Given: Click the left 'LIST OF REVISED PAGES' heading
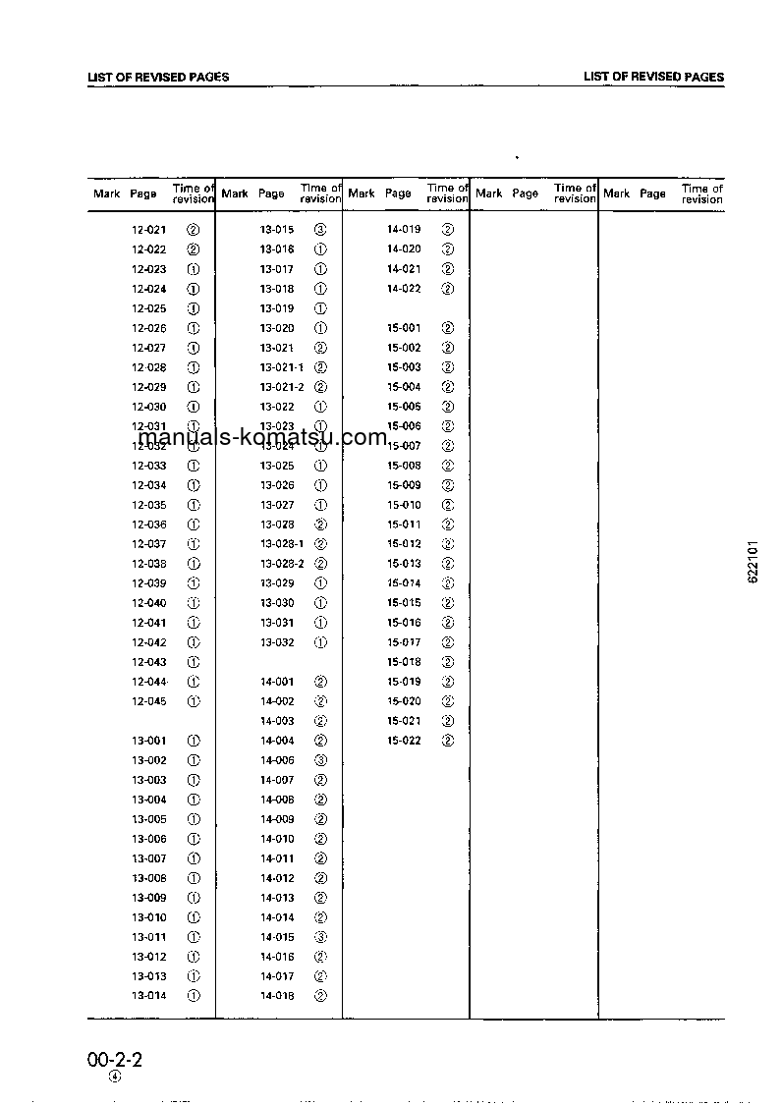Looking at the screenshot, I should (158, 77).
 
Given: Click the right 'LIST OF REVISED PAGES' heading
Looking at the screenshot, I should (653, 77).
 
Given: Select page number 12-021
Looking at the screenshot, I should (149, 230).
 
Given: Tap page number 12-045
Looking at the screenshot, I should (149, 701).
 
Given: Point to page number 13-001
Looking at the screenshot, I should (149, 741).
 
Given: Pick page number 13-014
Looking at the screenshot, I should (149, 996).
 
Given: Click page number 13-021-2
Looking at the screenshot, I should (282, 387).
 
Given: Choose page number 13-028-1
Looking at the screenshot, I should (282, 544).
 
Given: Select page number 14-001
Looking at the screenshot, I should (277, 682).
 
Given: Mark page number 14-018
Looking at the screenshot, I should (277, 996).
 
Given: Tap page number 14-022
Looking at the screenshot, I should (404, 289).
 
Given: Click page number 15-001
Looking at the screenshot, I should (404, 328).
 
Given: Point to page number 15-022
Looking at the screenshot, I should (404, 741).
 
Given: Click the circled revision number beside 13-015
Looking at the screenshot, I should (320, 230).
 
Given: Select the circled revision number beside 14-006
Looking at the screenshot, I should (320, 760).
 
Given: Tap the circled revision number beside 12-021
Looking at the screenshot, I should (194, 230).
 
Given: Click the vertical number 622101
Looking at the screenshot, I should (753, 562).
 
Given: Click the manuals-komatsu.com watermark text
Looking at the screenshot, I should (262, 438).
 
